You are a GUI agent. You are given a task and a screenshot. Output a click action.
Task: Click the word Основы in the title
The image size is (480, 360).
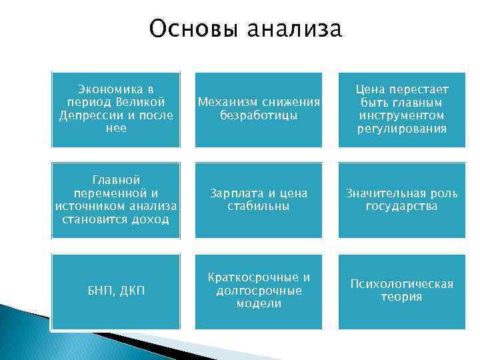[x=194, y=29]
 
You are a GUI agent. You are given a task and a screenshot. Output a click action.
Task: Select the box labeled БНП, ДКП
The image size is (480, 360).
[x=116, y=291]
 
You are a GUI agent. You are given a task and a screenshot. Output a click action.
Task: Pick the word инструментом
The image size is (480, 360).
[x=401, y=115]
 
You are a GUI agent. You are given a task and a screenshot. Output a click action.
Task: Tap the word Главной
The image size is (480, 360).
[x=116, y=180]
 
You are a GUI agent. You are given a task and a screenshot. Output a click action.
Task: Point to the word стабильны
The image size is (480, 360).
[x=258, y=206]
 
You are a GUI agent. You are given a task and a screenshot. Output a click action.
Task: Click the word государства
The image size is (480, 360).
[x=401, y=206]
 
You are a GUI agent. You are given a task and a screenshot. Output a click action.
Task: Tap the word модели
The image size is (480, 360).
[x=258, y=303]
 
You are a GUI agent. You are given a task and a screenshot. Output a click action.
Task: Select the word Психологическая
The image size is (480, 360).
[x=401, y=284]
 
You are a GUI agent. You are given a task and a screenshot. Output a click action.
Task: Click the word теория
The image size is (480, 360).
[x=401, y=297]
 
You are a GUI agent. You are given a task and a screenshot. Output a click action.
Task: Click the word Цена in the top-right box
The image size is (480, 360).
[x=371, y=89]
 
